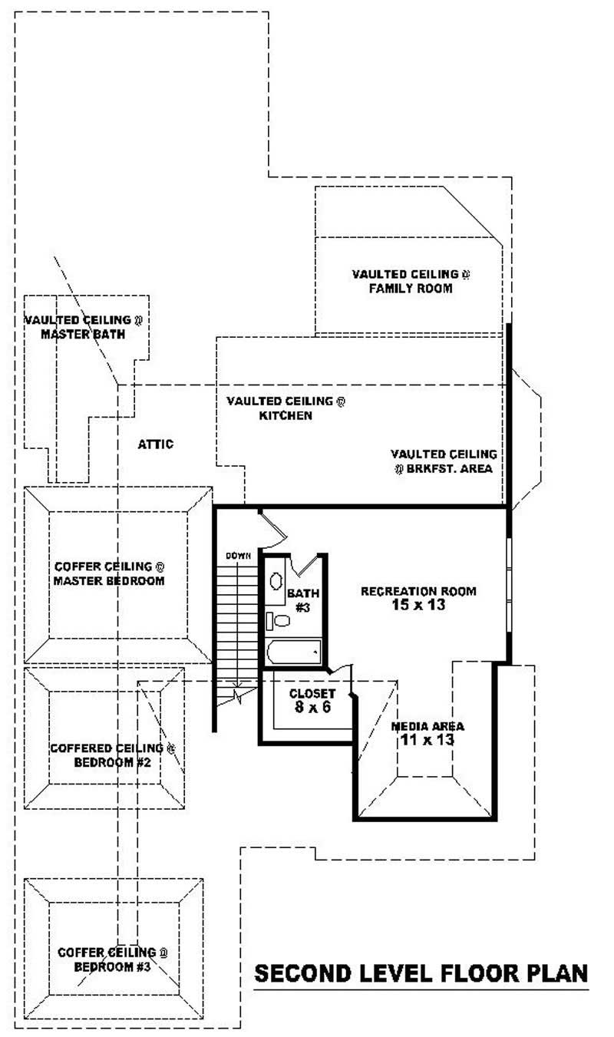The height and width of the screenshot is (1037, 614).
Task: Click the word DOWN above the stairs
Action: tap(238, 555)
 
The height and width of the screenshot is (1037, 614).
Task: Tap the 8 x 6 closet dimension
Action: tap(312, 707)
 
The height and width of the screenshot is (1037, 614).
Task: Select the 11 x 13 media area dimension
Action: tap(427, 740)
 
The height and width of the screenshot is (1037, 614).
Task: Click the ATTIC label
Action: tap(156, 444)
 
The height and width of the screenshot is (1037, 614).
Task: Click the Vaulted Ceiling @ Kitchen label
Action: tap(286, 408)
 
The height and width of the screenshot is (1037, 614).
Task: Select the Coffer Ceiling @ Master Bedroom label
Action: tap(109, 574)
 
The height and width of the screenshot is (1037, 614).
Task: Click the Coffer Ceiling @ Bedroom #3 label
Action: tap(113, 959)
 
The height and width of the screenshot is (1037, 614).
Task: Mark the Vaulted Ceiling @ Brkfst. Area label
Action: tap(444, 461)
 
